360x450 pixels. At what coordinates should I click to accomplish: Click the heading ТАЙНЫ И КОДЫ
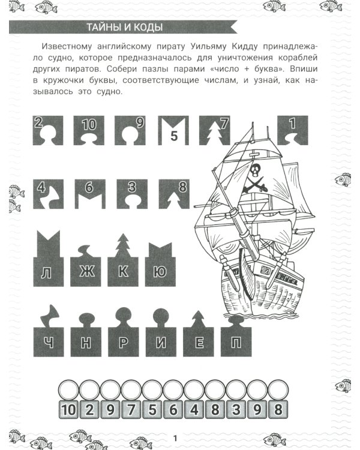[x=125, y=28]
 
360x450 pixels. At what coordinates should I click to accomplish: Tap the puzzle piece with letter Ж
[x=87, y=268]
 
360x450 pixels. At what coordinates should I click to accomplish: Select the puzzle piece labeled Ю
[x=160, y=268]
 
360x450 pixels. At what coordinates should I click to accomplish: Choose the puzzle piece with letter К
[x=123, y=268]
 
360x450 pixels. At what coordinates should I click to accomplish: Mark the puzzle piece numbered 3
[x=130, y=193]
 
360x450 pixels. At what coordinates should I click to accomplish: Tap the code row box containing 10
[x=69, y=410]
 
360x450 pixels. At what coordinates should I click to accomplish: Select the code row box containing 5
[x=152, y=410]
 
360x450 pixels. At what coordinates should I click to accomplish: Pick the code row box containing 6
[x=173, y=410]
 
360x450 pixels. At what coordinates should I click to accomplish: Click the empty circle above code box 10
[x=69, y=390]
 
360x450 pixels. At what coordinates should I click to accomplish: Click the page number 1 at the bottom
[x=175, y=437]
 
